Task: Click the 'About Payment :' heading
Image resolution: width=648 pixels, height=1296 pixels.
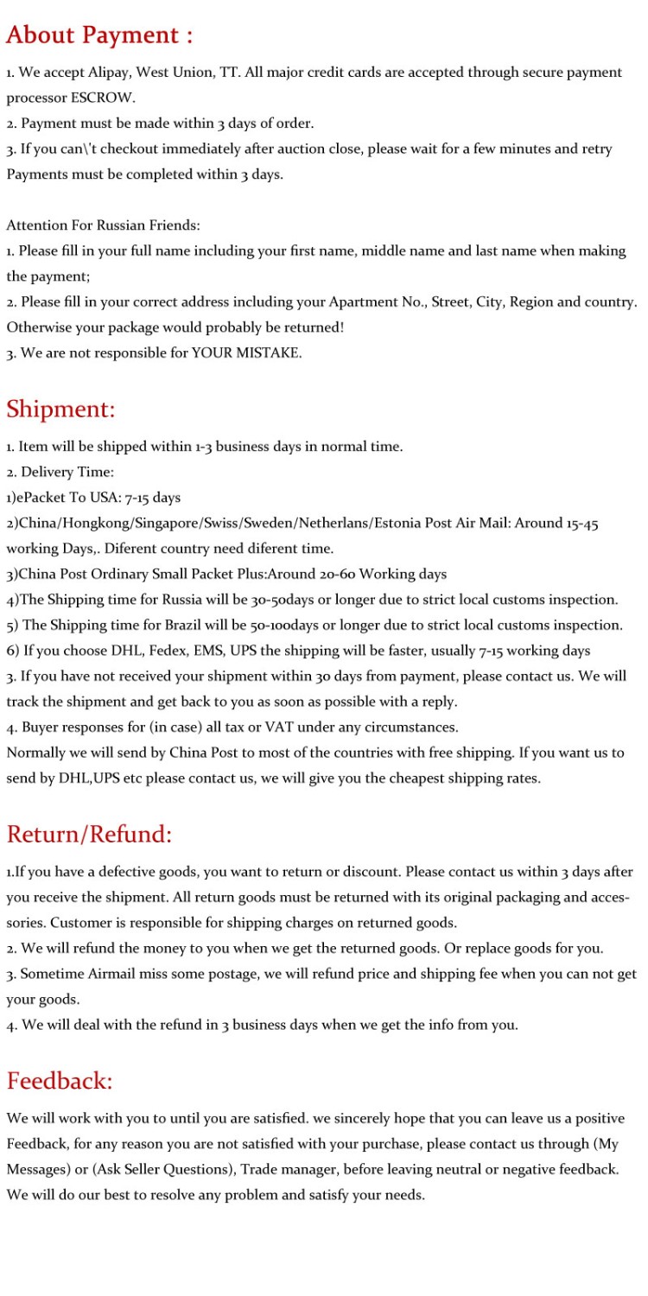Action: pos(99,35)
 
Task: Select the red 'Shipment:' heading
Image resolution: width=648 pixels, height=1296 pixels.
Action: pos(60,409)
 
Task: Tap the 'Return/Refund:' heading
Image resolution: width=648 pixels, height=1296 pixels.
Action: pos(89,835)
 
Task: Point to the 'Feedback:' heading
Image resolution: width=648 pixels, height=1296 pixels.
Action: pos(60,1081)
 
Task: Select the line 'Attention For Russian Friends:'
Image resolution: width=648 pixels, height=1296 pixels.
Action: pos(103,226)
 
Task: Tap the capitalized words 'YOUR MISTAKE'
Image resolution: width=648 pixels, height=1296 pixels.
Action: pos(246,353)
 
